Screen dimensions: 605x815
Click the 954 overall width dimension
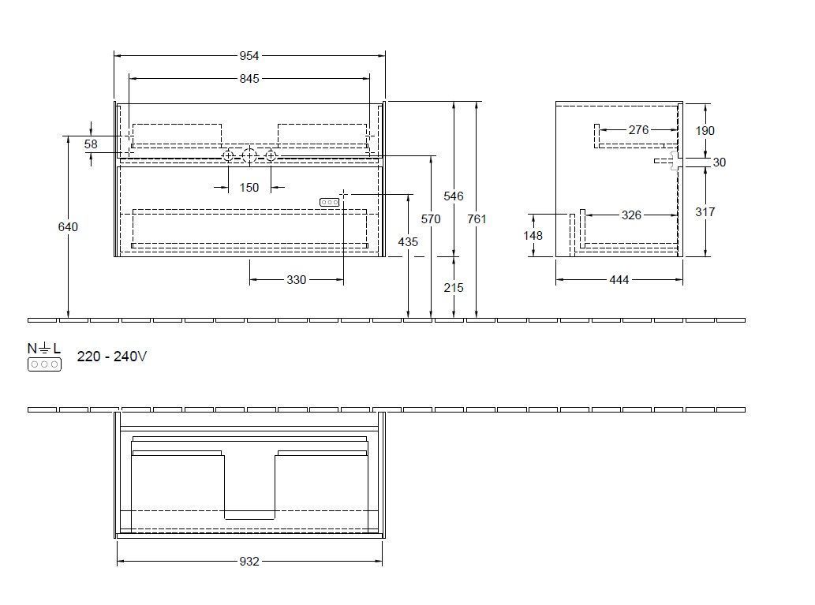click(x=249, y=56)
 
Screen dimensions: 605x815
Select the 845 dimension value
click(x=249, y=78)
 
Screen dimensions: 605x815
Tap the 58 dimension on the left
click(x=91, y=144)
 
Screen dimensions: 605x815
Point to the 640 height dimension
click(x=69, y=226)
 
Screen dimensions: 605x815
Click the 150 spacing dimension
click(x=249, y=188)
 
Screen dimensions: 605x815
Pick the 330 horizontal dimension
click(x=296, y=279)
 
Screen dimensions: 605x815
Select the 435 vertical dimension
click(x=408, y=242)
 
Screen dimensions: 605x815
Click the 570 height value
click(x=431, y=219)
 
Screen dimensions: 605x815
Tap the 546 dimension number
click(x=454, y=196)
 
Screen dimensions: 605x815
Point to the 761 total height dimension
click(x=477, y=219)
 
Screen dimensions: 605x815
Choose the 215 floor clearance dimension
click(x=454, y=288)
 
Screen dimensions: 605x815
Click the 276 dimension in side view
click(x=638, y=130)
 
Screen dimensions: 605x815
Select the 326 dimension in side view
click(x=631, y=214)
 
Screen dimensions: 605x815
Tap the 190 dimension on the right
click(x=705, y=130)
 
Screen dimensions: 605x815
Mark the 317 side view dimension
click(x=705, y=211)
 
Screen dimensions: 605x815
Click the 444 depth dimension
click(x=619, y=279)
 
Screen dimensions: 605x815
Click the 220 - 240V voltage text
click(x=111, y=357)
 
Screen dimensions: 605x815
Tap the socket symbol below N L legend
click(x=44, y=364)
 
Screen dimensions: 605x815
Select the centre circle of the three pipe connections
click(x=249, y=156)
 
